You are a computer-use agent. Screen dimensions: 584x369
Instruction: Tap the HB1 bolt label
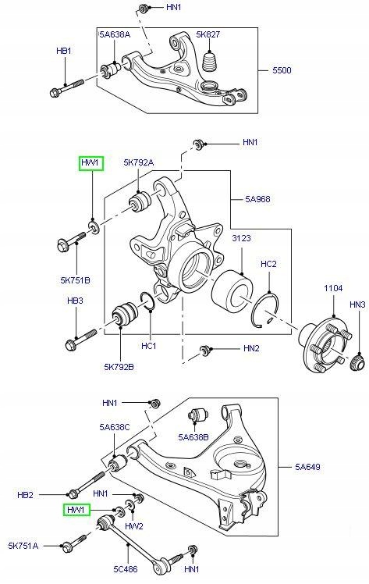pos(64,51)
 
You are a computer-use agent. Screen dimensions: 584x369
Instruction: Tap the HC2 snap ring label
pos(268,264)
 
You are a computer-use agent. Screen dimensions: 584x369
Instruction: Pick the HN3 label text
pos(357,304)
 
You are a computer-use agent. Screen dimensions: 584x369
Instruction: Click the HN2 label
pos(251,348)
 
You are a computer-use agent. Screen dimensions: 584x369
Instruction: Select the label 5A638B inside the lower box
pos(193,437)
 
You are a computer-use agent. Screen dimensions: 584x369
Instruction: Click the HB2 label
pos(26,495)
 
